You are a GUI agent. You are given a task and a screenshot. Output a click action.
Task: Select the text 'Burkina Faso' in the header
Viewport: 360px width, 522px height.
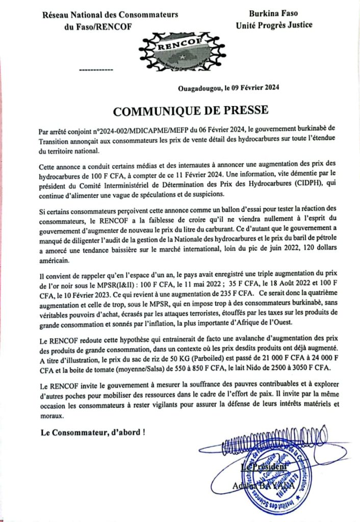click(x=273, y=14)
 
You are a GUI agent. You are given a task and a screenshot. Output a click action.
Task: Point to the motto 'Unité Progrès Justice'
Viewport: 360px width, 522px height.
click(x=274, y=25)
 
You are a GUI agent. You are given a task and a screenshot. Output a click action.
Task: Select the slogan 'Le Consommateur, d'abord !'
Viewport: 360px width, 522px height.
click(x=93, y=433)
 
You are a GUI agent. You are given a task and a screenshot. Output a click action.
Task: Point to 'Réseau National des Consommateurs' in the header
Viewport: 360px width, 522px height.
click(x=110, y=15)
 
